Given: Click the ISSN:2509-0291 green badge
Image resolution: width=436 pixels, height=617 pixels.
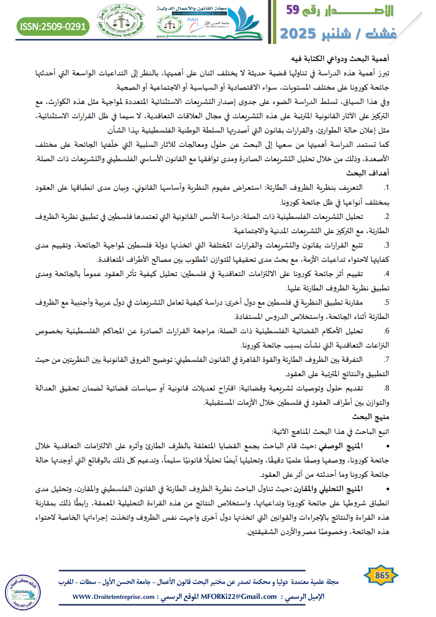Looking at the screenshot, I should click(x=53, y=25).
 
